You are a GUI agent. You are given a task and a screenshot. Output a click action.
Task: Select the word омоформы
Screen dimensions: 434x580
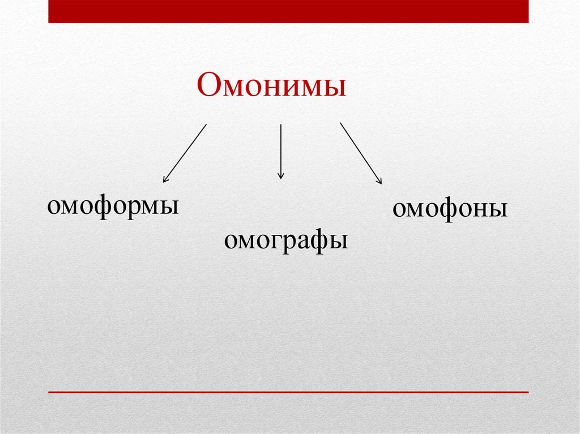[113, 205]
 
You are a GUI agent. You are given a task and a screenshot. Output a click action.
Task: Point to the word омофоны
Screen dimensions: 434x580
[450, 209]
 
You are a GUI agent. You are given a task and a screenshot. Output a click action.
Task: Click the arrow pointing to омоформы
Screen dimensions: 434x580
[185, 153]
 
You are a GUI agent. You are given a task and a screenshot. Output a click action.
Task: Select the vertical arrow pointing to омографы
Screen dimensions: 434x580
[280, 152]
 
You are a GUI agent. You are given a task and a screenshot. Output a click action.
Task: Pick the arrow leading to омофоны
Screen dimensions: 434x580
[361, 153]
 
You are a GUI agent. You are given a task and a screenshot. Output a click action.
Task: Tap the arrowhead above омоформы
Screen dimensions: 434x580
[165, 180]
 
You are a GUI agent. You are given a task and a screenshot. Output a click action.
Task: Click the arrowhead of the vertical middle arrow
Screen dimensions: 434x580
[280, 177]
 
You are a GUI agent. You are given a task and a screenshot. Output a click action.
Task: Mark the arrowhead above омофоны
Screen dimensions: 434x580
[379, 181]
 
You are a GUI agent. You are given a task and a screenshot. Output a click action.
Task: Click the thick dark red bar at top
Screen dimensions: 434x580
[288, 11]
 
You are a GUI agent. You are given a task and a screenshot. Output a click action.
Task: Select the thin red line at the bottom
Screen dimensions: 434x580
[288, 392]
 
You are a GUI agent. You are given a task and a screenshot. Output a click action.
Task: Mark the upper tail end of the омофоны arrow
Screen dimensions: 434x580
[340, 122]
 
